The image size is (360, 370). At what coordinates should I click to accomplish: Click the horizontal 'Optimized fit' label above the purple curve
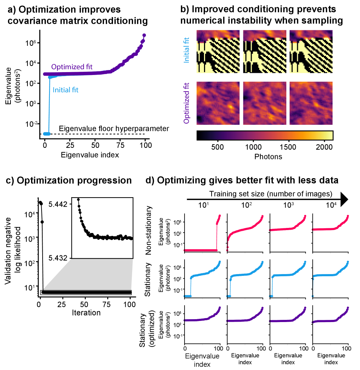tap(71, 67)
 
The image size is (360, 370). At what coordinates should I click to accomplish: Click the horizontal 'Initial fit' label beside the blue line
tap(65, 90)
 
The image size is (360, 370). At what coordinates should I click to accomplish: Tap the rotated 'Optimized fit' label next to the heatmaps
tap(186, 103)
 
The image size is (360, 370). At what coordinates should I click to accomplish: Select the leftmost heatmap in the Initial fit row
tap(218, 52)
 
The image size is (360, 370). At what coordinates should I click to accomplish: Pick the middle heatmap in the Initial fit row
tap(264, 52)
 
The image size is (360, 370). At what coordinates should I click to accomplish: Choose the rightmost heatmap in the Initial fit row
tap(311, 52)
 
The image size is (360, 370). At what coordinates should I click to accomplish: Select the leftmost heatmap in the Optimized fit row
tap(218, 103)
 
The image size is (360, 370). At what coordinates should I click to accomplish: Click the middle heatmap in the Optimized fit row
tap(264, 103)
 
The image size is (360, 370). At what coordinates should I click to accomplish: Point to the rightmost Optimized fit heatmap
tap(311, 103)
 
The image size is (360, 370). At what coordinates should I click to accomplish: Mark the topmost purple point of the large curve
tap(144, 35)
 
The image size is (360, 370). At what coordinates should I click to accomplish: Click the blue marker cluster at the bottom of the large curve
tap(47, 134)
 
